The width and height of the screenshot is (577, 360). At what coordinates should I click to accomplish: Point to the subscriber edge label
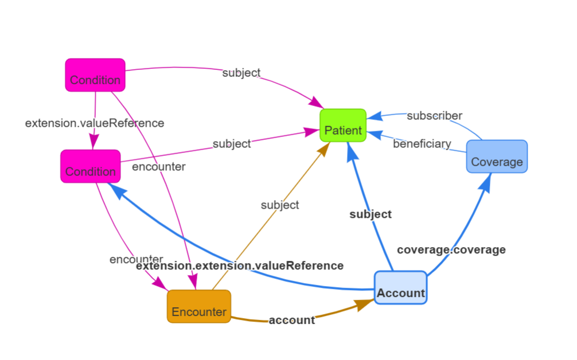[x=434, y=116]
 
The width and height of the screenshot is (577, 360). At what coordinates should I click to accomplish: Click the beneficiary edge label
[x=422, y=143]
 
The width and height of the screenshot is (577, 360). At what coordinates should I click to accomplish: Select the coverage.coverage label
[x=451, y=249]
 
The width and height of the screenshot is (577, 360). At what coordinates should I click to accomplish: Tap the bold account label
[x=291, y=320]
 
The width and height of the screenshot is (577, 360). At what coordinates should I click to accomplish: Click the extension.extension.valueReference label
[x=240, y=265]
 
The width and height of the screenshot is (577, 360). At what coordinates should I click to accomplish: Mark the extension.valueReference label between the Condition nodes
[x=95, y=123]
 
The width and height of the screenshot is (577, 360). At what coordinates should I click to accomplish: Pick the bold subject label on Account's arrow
[x=371, y=214]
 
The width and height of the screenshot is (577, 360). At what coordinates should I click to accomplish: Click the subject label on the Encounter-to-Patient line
[x=280, y=205]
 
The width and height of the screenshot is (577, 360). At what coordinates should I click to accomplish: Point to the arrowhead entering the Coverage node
[x=488, y=179]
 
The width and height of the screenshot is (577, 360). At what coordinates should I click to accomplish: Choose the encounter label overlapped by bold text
[x=136, y=259]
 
